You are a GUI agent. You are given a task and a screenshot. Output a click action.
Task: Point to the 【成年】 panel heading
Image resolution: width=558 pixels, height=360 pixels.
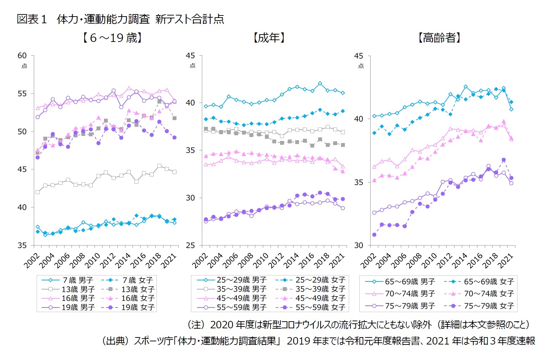tap(269, 38)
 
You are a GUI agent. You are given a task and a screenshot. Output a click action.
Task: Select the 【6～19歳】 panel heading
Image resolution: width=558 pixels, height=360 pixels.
tap(112, 38)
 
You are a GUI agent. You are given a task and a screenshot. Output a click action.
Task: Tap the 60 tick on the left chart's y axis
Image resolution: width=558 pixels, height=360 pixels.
tap(22, 55)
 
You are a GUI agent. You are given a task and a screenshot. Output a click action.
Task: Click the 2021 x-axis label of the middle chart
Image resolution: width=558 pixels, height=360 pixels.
tap(337, 261)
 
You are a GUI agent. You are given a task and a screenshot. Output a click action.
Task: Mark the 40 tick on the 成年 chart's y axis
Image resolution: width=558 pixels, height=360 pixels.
tap(191, 103)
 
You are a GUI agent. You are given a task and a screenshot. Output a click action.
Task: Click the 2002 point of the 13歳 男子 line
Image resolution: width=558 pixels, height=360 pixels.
tap(37, 192)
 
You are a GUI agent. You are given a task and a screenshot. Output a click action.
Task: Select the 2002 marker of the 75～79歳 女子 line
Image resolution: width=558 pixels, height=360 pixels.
tap(374, 235)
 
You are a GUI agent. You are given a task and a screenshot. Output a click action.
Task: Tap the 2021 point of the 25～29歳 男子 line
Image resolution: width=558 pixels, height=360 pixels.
tap(343, 93)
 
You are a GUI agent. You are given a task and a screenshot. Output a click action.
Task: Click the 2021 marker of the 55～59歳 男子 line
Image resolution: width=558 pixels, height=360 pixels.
tap(343, 208)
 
